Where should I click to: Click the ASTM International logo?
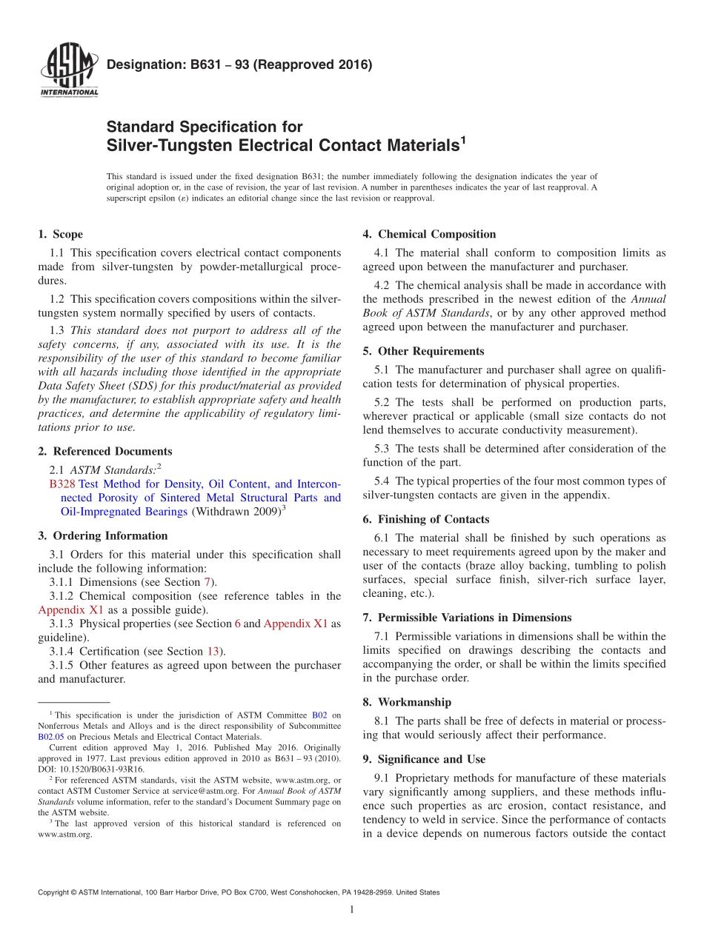click(68, 70)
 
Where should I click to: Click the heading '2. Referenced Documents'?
click(104, 451)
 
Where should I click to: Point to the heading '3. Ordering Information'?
click(102, 535)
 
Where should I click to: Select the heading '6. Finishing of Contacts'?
click(426, 519)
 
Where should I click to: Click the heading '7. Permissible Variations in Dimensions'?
click(467, 617)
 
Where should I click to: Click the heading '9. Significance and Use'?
click(422, 759)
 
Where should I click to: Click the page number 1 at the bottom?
click(352, 909)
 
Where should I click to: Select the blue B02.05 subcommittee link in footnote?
click(50, 737)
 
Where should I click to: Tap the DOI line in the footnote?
click(91, 769)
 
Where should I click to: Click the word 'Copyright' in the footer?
click(56, 892)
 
